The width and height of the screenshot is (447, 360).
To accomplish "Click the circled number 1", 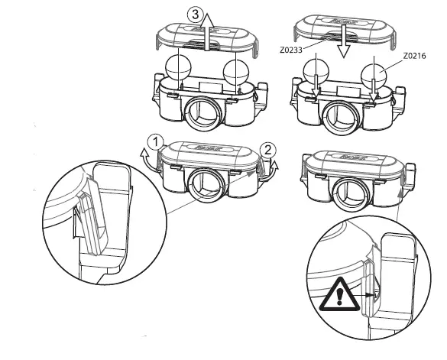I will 155,141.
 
